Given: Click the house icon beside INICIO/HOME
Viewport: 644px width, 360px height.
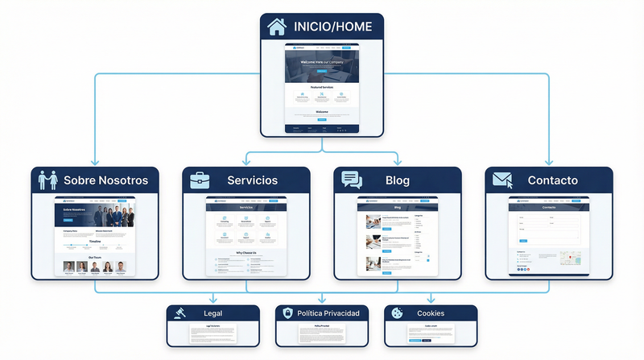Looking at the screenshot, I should tap(277, 26).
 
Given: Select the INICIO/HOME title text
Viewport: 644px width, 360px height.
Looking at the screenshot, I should tap(332, 27).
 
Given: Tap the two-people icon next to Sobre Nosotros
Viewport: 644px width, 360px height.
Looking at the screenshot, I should tap(46, 180).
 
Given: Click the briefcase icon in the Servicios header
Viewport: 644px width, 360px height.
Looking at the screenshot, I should tap(200, 180).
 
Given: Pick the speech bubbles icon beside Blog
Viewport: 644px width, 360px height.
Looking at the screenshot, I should tap(352, 180).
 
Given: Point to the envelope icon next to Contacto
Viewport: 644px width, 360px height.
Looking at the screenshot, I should tap(503, 180).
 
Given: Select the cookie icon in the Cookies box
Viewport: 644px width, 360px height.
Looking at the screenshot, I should tap(395, 313).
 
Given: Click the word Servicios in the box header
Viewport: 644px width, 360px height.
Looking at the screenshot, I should tap(252, 180).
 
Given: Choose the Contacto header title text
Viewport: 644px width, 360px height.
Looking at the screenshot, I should tap(552, 180).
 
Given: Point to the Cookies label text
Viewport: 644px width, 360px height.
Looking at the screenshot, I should tap(430, 313).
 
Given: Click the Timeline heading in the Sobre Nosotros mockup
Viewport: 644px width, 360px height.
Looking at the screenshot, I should tap(94, 241).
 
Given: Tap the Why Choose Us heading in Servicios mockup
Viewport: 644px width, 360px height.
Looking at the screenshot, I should tap(246, 253).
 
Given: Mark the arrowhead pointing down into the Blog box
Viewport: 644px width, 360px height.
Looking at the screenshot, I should tap(398, 163).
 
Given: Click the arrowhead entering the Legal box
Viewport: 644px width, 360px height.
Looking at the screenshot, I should tap(213, 301).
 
